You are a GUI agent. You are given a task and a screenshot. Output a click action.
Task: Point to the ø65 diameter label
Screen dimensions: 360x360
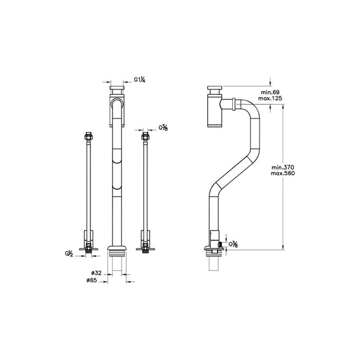[x=98, y=281]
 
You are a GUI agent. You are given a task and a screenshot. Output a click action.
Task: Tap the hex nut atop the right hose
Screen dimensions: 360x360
[x=146, y=137]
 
